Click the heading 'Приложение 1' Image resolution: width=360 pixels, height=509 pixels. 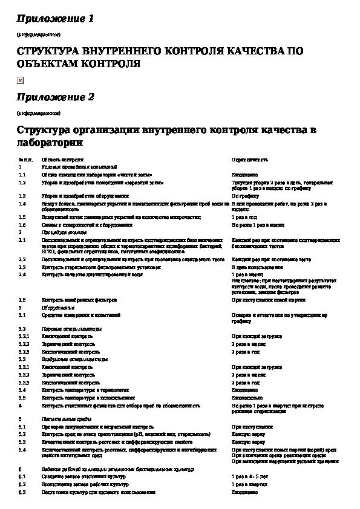(x=56, y=19)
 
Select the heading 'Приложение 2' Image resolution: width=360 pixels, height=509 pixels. (x=56, y=97)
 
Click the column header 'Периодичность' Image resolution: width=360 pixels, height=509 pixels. (x=250, y=160)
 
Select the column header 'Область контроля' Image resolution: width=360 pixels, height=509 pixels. (x=59, y=160)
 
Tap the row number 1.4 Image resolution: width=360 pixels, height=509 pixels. (x=22, y=204)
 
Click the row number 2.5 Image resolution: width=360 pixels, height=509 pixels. (x=22, y=299)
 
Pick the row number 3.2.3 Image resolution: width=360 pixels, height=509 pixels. (x=24, y=351)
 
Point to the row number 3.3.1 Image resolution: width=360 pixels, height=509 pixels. (x=24, y=367)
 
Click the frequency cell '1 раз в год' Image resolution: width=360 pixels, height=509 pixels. (x=244, y=216)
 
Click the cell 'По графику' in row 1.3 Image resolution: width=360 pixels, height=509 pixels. (x=245, y=196)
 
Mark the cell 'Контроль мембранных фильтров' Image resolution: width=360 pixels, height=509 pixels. (x=79, y=299)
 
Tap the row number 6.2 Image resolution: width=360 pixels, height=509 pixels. (x=22, y=485)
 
